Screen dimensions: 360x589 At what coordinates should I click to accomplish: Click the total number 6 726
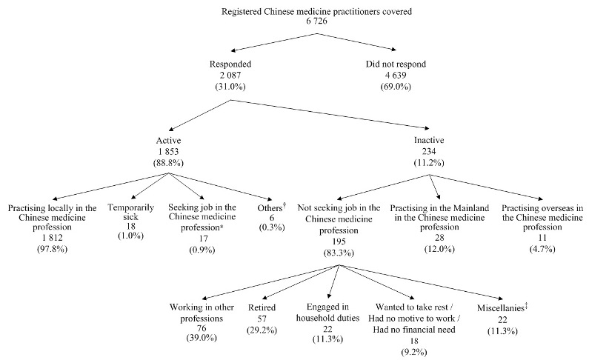coord(295,24)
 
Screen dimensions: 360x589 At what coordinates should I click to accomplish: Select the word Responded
coord(232,64)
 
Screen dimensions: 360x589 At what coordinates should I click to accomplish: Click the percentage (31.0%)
coord(232,87)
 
